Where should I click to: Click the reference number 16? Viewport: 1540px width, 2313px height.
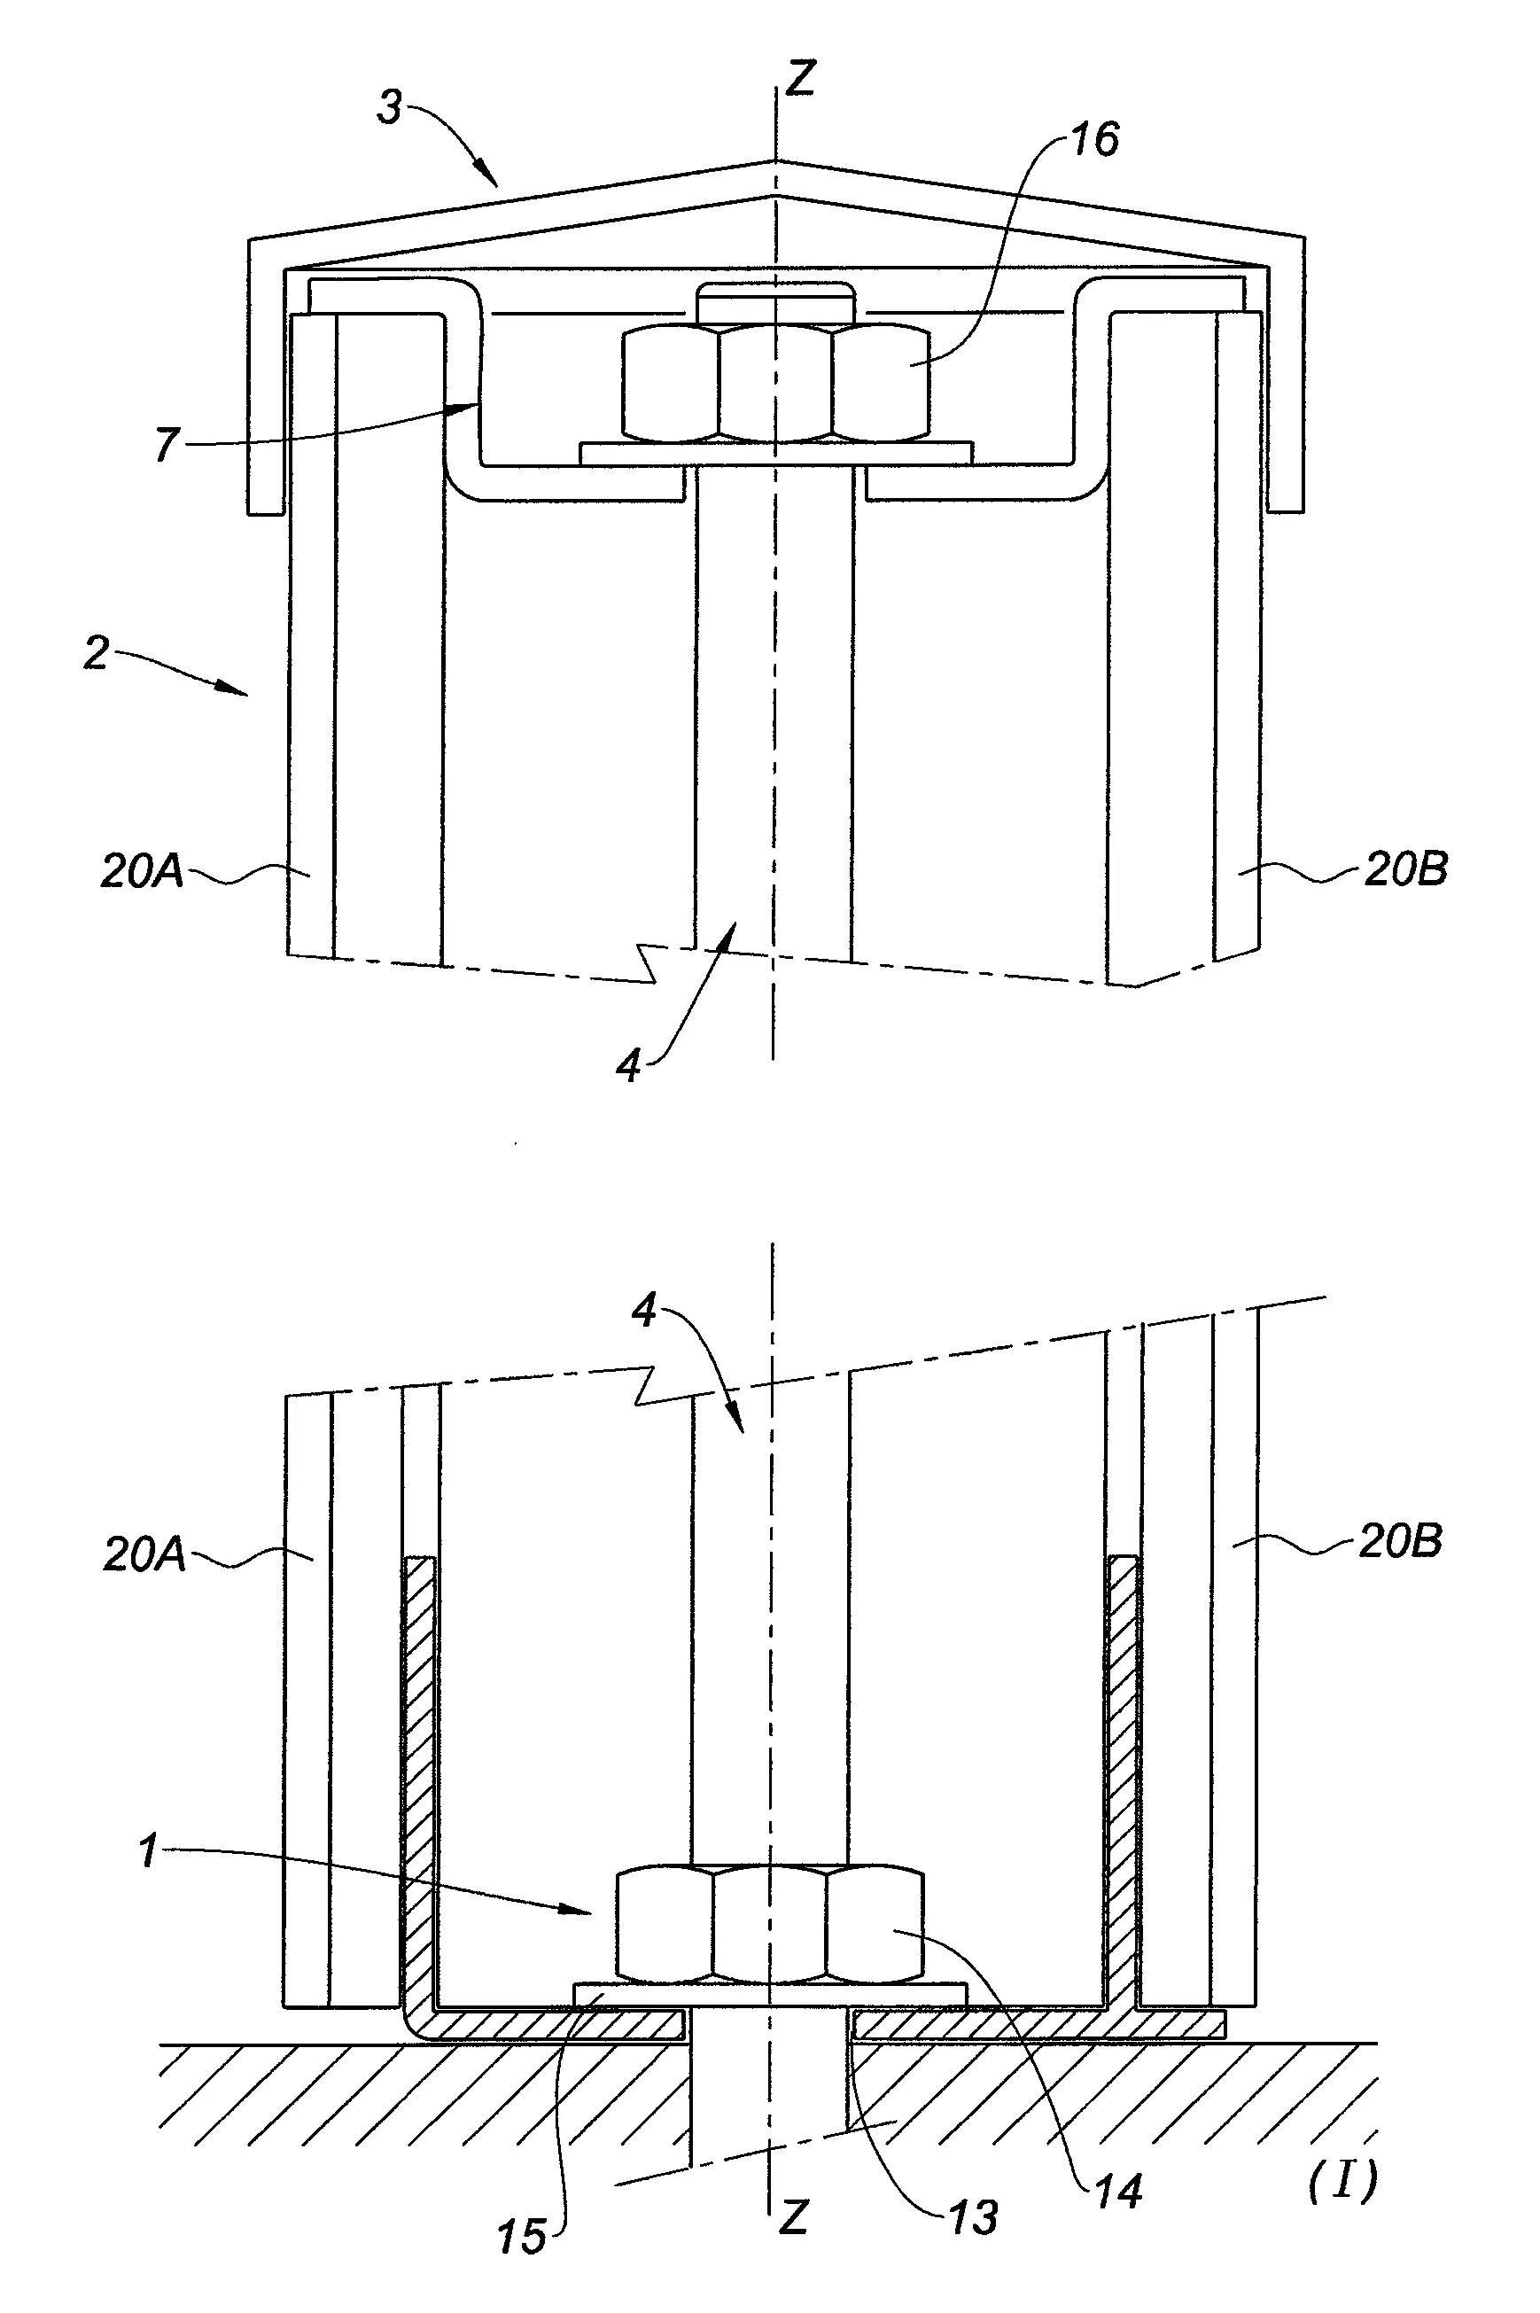tap(1094, 139)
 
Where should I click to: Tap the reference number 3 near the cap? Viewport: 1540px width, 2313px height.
tap(390, 107)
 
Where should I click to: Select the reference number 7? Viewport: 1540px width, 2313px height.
tap(167, 444)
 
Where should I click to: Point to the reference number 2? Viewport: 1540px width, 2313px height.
tap(97, 654)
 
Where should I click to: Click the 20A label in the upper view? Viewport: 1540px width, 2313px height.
tap(143, 871)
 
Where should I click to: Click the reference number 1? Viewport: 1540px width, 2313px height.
tap(149, 1851)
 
